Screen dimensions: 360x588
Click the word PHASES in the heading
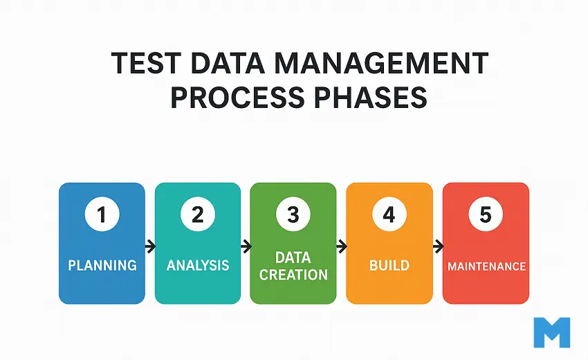click(369, 98)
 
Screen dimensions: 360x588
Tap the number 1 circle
click(102, 215)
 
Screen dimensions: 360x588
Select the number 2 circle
click(198, 215)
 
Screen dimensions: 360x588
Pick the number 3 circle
click(293, 215)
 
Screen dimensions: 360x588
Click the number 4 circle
click(389, 215)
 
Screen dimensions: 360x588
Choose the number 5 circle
click(486, 215)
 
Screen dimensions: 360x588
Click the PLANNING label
click(102, 265)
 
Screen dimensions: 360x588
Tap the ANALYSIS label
click(198, 265)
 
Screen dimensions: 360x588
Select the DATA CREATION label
click(293, 266)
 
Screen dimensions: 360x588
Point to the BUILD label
click(389, 265)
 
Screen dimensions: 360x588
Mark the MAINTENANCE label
click(486, 266)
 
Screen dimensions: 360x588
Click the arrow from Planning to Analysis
click(150, 245)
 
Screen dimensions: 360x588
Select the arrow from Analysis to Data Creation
click(246, 245)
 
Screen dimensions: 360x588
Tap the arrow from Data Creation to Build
click(341, 245)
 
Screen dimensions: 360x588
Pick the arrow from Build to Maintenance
click(437, 245)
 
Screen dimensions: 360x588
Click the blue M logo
click(552, 332)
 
